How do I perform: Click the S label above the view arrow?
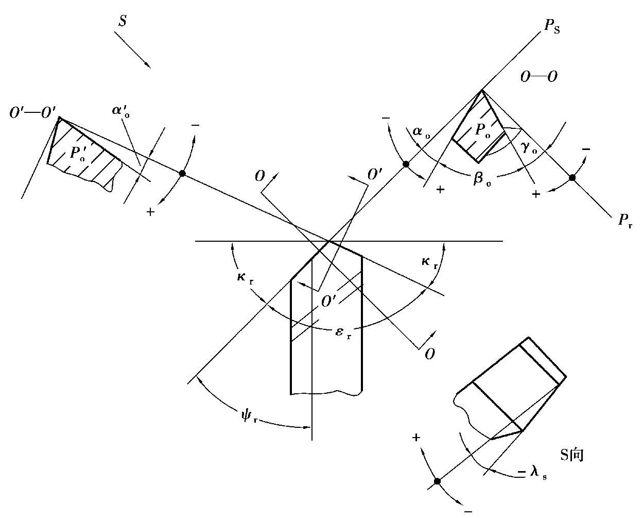123,21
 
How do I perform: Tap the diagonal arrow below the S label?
132,50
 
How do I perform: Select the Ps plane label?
551,27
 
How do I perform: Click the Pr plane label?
624,220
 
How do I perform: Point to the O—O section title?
539,77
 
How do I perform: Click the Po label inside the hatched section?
482,130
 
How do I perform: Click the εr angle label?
343,333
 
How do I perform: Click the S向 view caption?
571,446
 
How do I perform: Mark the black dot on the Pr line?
572,178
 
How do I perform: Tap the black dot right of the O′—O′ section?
182,173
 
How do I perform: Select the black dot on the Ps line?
406,164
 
